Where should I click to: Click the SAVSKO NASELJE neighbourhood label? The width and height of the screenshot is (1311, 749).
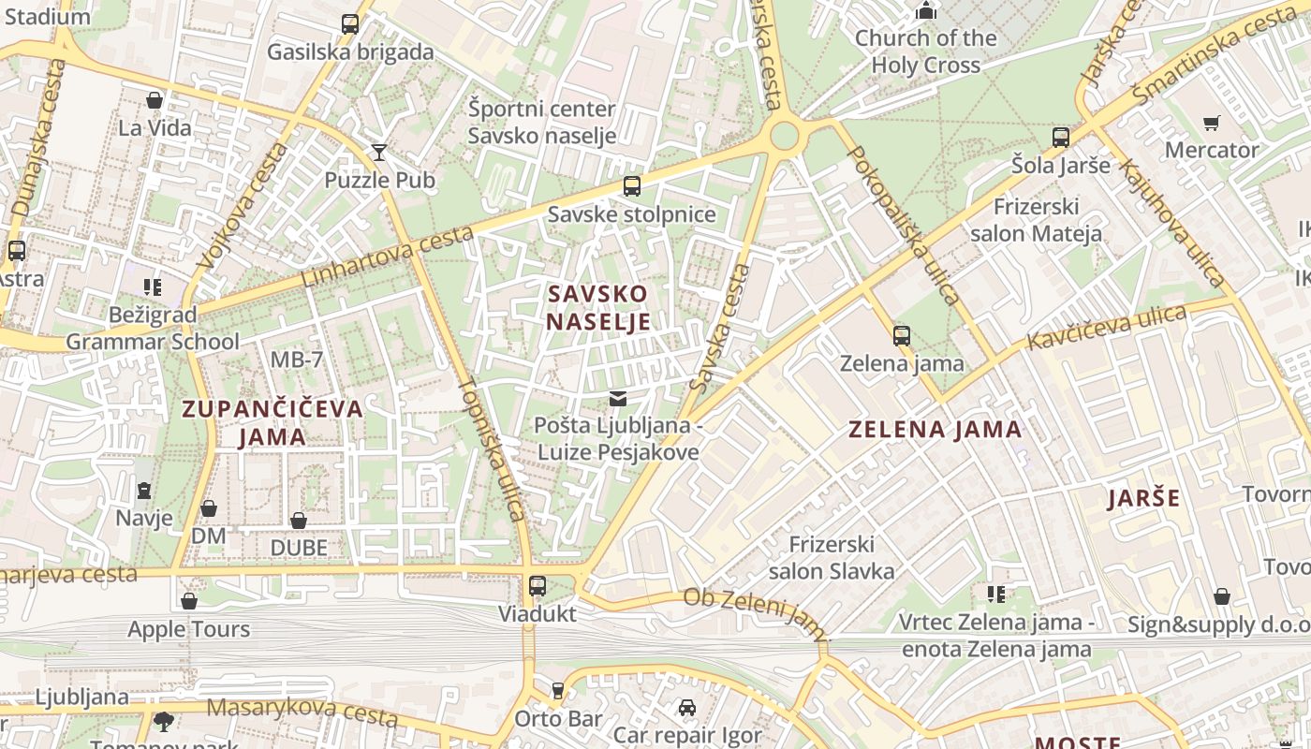pos(597,308)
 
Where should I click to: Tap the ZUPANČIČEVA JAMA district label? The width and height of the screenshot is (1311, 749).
pos(272,422)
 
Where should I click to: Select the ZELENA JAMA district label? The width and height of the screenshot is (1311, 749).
pos(935,430)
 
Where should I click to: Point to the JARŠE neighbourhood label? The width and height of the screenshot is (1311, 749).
pos(1144,498)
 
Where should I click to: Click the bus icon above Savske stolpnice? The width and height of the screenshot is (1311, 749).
pos(632,185)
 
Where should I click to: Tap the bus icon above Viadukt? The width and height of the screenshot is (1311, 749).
pos(537,586)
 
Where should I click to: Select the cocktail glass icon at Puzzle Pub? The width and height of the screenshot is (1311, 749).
pos(379,152)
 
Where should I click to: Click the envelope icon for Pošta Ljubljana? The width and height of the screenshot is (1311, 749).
pos(617,399)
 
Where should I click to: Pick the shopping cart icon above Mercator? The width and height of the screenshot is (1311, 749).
pos(1211,123)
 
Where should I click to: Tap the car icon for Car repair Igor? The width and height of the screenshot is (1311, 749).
pos(687,708)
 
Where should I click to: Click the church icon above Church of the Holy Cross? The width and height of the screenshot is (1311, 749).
pos(926,10)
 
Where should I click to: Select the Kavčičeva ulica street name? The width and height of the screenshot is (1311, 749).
pos(1106,327)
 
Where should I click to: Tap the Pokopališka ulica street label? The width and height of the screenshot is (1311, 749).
pos(905,226)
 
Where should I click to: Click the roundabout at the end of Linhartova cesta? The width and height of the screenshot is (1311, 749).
pos(785,137)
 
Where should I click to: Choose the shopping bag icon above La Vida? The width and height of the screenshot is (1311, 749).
pos(155,100)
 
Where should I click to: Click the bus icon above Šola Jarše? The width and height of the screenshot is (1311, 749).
pos(1060,138)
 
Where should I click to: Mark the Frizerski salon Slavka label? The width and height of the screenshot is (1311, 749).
pos(831,557)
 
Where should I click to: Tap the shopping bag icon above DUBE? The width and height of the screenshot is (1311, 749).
pos(299,521)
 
